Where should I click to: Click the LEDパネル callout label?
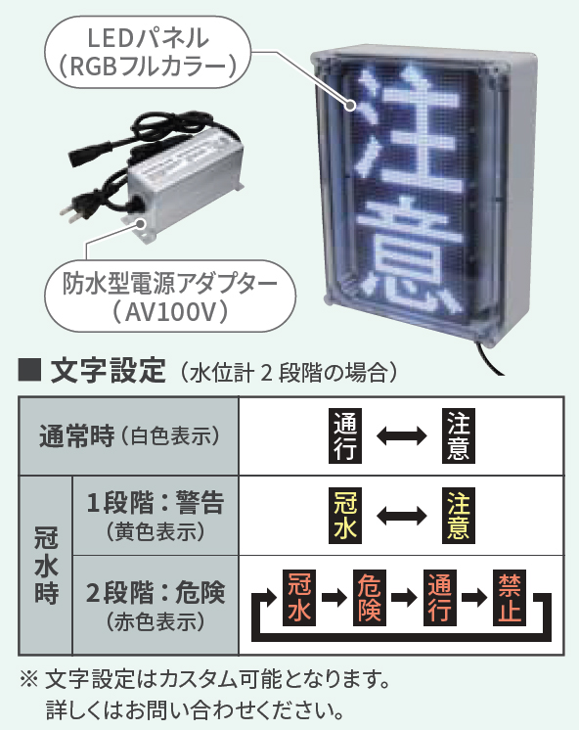pos(148,52)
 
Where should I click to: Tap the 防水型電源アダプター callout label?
pos(170,297)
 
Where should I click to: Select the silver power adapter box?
pos(185,182)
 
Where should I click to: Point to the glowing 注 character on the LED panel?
pos(410,127)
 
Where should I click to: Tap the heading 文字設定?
pos(108,371)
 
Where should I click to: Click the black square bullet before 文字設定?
pos(29,371)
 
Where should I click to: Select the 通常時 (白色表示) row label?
pos(129,436)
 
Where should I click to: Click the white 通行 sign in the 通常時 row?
pos(345,435)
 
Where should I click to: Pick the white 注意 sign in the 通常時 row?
pos(459,435)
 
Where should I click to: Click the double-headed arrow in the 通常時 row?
pos(402,436)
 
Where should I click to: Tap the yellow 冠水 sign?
pos(345,516)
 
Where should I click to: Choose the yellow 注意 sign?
pos(459,516)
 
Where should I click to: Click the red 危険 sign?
pos(370,598)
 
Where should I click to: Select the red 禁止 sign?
pos(510,598)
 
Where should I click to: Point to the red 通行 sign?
pos(440,598)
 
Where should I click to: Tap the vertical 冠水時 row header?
pos(46,566)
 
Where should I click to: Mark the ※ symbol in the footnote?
pos(29,680)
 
